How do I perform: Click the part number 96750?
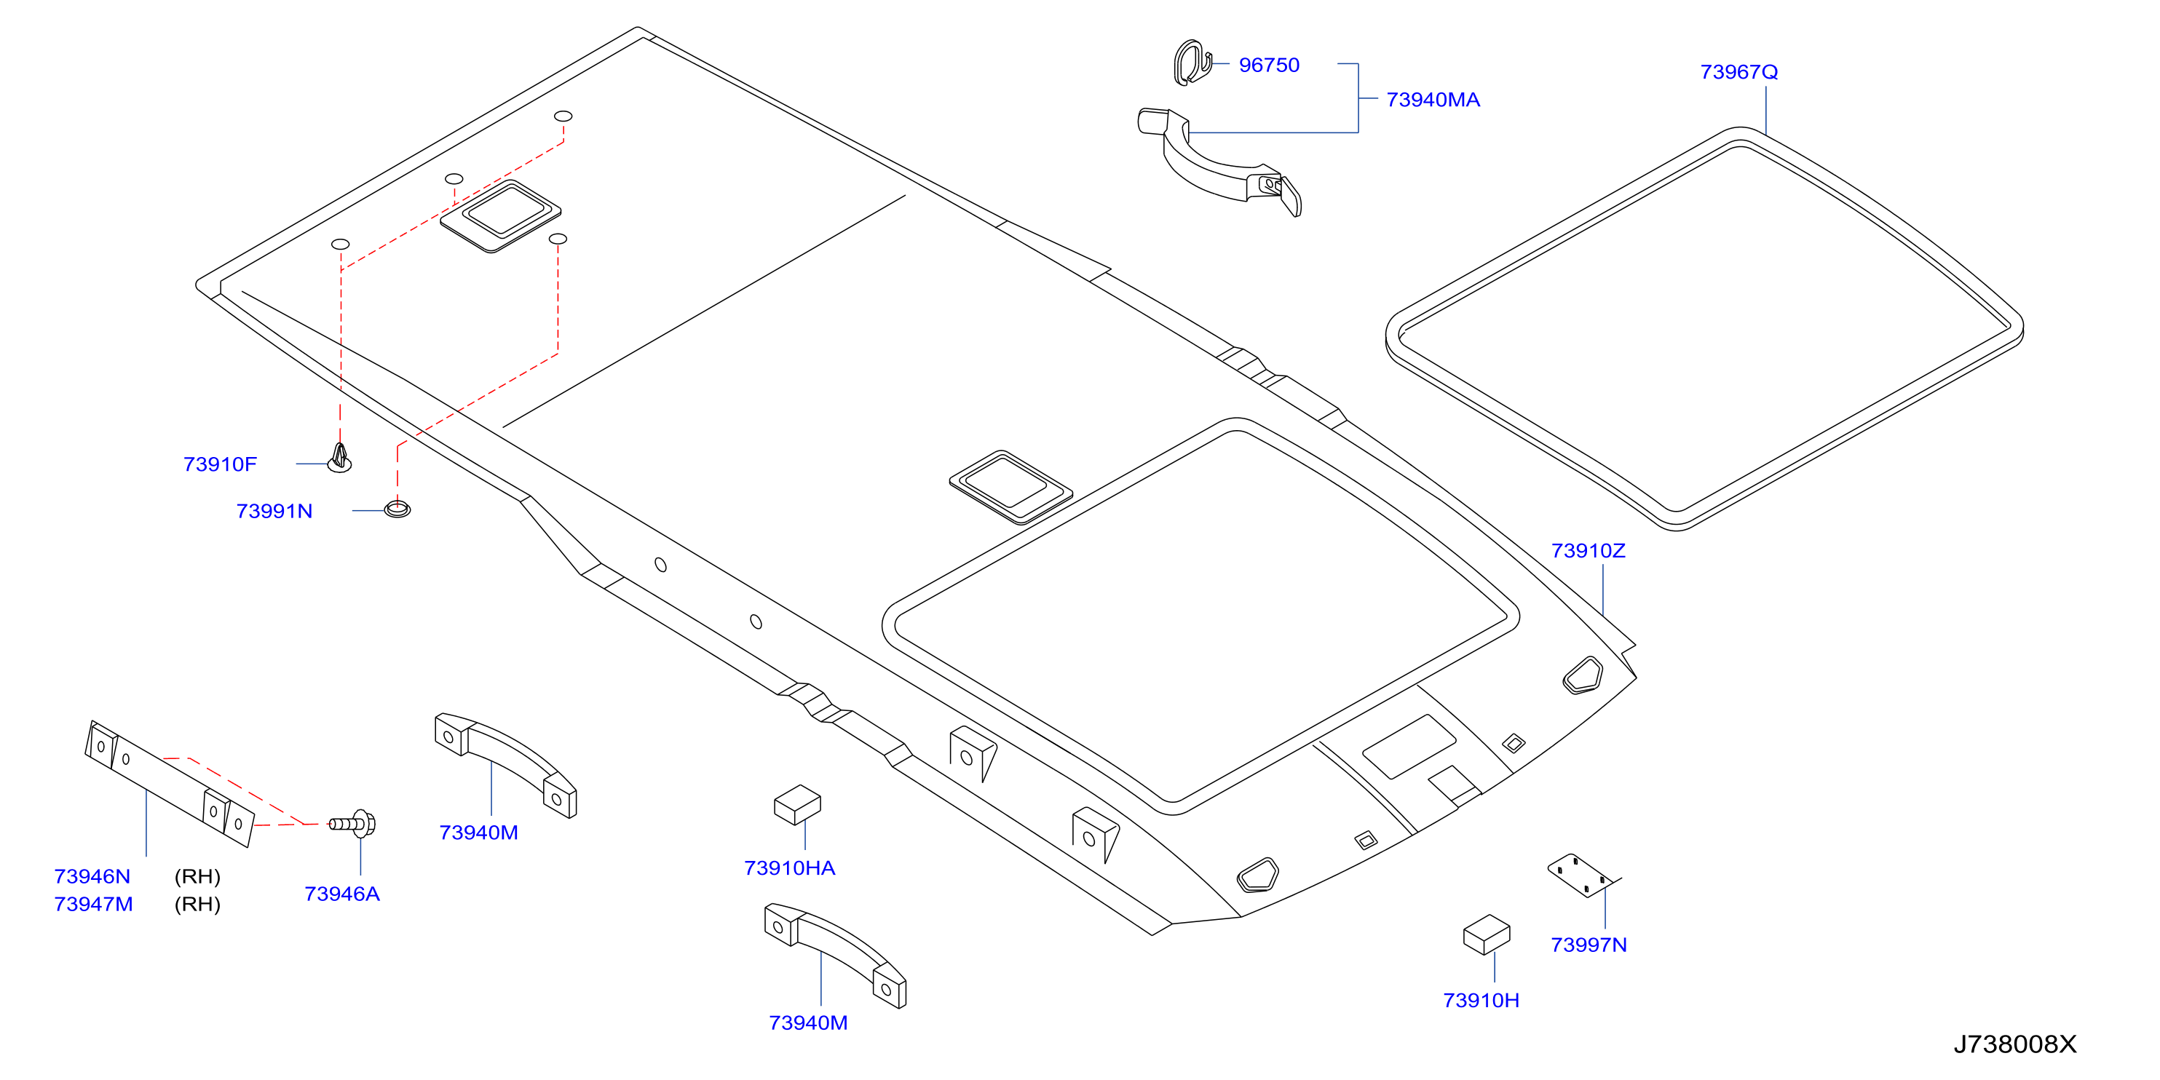point(1269,65)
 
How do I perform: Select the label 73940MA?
point(1433,100)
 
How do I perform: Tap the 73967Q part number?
point(1739,72)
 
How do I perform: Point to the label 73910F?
point(220,464)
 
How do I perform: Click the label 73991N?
point(274,512)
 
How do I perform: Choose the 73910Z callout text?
point(1588,551)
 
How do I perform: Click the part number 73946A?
point(342,894)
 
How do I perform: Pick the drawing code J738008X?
point(2015,1045)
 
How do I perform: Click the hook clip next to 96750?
point(1192,63)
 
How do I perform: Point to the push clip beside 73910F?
point(339,458)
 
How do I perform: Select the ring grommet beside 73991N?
point(397,508)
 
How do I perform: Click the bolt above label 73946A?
point(353,825)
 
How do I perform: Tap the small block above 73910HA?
point(796,805)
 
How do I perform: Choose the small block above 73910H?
point(1486,935)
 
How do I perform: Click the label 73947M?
point(93,905)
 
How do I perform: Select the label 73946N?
point(92,877)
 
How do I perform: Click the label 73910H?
point(1481,1001)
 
